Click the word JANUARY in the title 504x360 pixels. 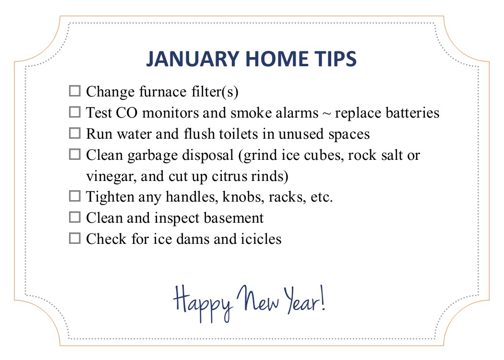[x=192, y=59]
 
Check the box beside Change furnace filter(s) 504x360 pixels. [x=74, y=91]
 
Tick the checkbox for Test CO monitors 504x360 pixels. [x=74, y=112]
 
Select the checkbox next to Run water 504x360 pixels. [x=74, y=133]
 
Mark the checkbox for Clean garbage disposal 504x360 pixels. [x=74, y=154]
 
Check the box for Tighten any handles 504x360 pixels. [x=74, y=196]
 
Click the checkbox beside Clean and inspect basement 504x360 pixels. [x=74, y=217]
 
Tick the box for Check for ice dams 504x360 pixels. [x=74, y=238]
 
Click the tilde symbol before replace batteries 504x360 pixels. [x=326, y=114]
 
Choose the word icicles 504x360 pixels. [x=261, y=239]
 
